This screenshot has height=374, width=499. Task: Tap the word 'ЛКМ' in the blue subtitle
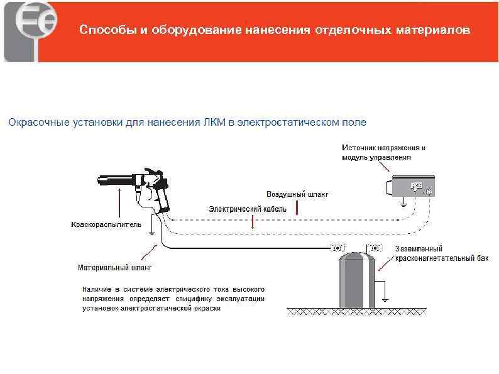click(x=215, y=121)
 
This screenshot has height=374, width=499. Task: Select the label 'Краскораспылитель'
click(x=106, y=224)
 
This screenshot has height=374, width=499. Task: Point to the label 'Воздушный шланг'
click(x=297, y=194)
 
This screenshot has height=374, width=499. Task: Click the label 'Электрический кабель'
click(x=248, y=209)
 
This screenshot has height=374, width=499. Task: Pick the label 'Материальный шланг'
click(x=115, y=267)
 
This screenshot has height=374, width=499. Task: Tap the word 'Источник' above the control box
click(x=359, y=148)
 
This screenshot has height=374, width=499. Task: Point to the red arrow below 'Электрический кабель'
click(x=253, y=221)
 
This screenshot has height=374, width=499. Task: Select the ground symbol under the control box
click(x=403, y=203)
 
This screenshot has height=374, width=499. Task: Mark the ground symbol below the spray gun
click(x=151, y=233)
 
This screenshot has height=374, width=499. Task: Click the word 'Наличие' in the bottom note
click(x=94, y=289)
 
